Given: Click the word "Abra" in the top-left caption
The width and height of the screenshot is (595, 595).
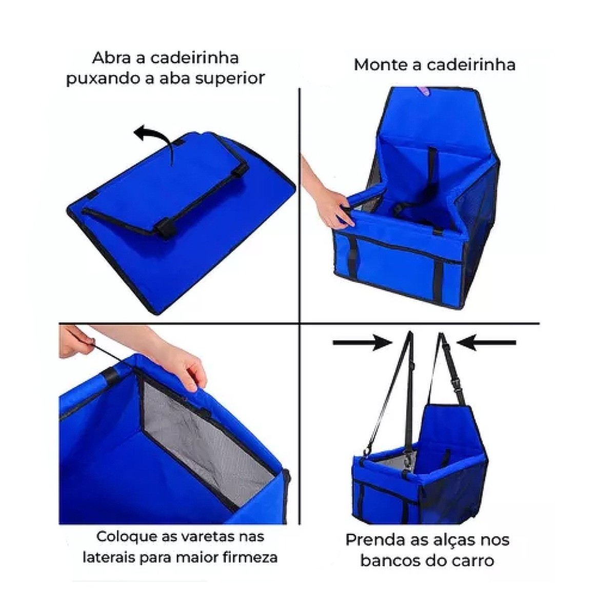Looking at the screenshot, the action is [116, 57].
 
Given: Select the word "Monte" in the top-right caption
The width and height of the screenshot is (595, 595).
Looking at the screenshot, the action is [380, 65].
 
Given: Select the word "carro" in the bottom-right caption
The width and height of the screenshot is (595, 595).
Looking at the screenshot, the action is [473, 561].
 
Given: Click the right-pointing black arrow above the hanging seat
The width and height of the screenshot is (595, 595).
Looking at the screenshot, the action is [363, 342].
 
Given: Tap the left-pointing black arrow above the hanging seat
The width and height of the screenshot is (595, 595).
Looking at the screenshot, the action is [486, 342].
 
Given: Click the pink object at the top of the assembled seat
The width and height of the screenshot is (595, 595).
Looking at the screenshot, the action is [423, 91].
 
